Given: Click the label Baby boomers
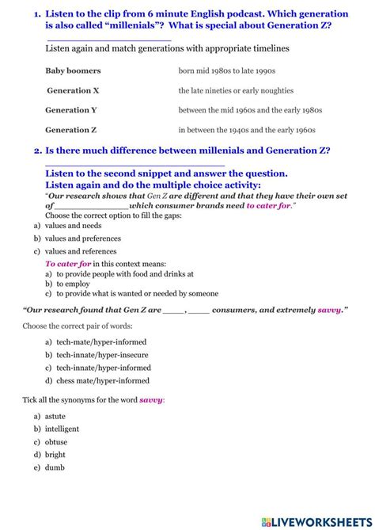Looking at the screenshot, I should tap(73, 71).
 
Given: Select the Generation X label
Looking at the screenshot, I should tap(73, 90).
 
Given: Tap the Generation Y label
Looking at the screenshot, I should tap(71, 110).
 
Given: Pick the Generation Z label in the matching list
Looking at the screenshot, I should tap(71, 130).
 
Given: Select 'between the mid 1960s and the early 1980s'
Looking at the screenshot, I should tap(250, 110).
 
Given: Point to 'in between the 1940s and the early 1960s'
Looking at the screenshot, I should tap(247, 130).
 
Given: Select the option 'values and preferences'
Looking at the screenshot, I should tap(82, 238).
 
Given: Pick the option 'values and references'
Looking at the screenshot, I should tap(81, 250).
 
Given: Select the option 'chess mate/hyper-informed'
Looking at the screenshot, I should tap(103, 381).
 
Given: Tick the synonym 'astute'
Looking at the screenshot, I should tap(55, 416).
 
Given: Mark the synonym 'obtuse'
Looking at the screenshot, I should tap(56, 442).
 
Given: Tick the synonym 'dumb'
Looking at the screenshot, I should tap(55, 467).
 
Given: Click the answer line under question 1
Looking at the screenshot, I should tap(109, 39).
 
